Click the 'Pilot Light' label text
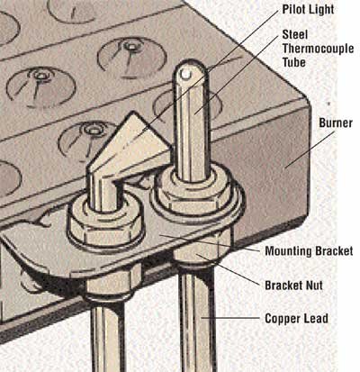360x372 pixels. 308,9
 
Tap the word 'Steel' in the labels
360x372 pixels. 295,34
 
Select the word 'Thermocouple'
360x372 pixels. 318,49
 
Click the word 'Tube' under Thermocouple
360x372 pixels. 294,62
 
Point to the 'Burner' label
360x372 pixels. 336,122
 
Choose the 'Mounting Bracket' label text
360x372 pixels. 309,251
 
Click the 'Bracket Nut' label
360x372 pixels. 293,286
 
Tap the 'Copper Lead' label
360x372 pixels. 296,319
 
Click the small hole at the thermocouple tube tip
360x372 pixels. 187,74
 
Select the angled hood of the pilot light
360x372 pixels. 129,144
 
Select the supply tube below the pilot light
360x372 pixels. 107,336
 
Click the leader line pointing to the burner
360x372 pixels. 310,150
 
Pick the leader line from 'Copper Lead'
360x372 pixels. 231,318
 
